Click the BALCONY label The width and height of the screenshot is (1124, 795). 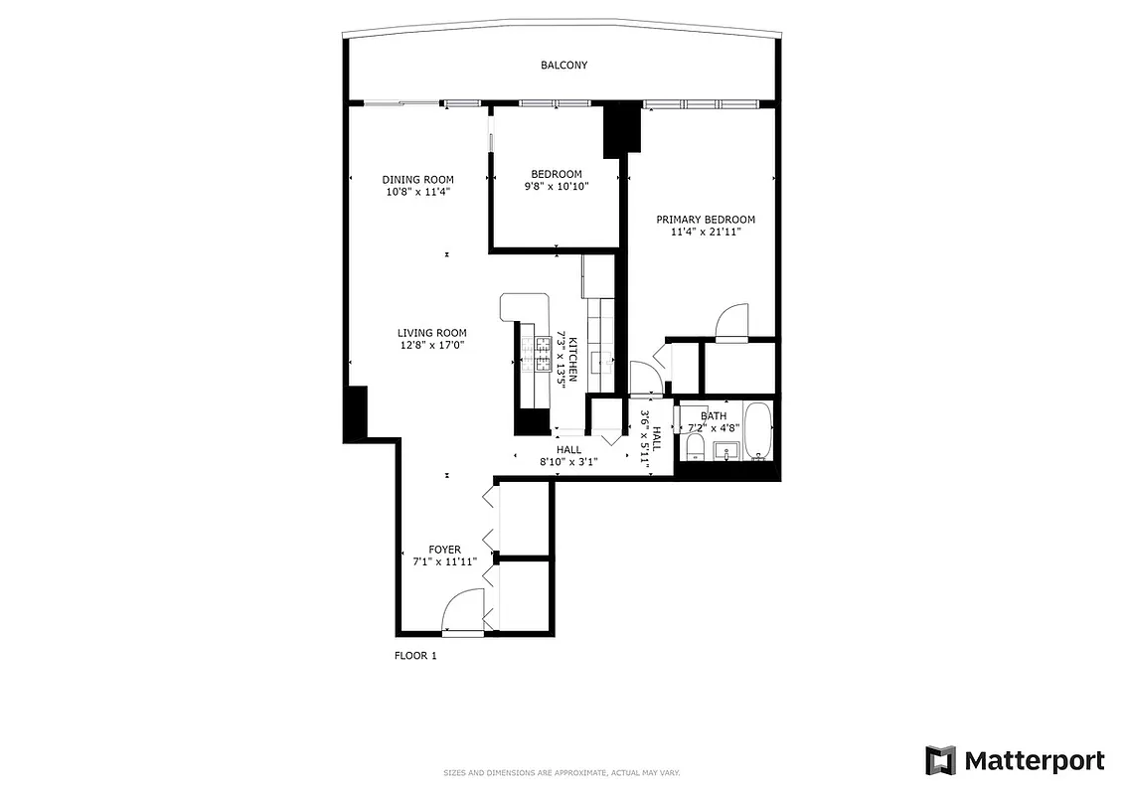[x=563, y=66]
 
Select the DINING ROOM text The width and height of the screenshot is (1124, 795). [x=417, y=180]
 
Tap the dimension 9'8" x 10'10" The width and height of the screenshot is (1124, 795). [x=556, y=186]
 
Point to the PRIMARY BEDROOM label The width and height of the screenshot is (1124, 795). [x=705, y=220]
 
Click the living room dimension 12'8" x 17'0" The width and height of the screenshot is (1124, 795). [x=431, y=345]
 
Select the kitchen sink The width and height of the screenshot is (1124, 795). [x=602, y=360]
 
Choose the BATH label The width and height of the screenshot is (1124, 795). [x=713, y=416]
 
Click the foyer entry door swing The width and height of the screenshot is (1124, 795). [x=462, y=610]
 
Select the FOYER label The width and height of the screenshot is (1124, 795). [x=444, y=550]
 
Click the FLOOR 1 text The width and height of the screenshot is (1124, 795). [x=415, y=656]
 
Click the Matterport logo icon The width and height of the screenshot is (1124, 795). [x=940, y=761]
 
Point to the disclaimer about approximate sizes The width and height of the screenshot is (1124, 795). [x=561, y=772]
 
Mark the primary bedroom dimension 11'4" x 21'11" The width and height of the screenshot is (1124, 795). [x=705, y=232]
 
